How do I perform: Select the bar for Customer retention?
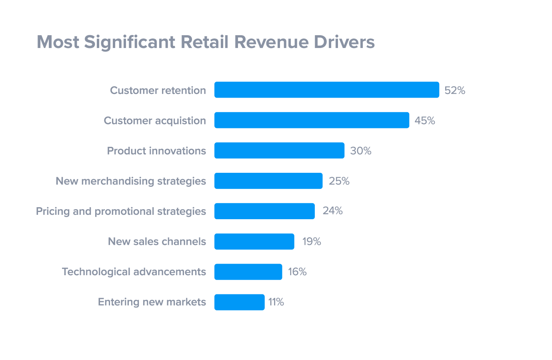(x=326, y=90)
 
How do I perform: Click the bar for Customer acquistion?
(x=312, y=120)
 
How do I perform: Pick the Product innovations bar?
(x=279, y=150)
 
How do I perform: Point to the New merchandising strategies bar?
(x=268, y=181)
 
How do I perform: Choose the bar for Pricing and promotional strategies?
(x=264, y=211)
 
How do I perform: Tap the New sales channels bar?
(x=254, y=242)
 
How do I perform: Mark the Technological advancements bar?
(x=248, y=272)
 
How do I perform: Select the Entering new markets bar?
(x=239, y=302)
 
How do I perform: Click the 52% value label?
(x=455, y=90)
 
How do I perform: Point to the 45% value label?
(x=425, y=120)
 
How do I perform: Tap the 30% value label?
(x=361, y=151)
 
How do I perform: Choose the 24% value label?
(x=333, y=211)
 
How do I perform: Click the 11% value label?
(x=276, y=302)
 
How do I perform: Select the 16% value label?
(x=297, y=272)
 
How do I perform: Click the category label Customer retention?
(x=158, y=90)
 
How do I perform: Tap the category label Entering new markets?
(x=152, y=302)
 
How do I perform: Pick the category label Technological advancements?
(x=134, y=272)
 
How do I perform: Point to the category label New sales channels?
(x=157, y=242)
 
